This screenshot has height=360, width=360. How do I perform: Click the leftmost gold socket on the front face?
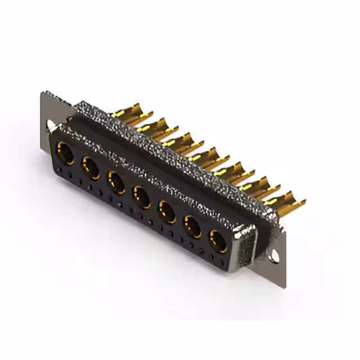click(x=66, y=153)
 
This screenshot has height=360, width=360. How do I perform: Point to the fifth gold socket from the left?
click(x=166, y=212)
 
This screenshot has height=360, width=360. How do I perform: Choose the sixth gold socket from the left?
click(x=192, y=227)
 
